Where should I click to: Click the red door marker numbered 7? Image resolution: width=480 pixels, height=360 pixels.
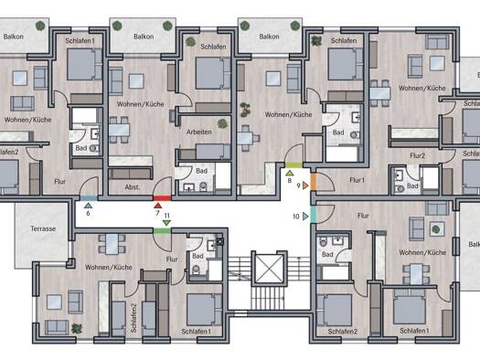(162, 198)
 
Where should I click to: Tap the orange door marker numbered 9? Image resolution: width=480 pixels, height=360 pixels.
(314, 182)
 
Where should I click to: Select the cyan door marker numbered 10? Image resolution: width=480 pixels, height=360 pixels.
(314, 215)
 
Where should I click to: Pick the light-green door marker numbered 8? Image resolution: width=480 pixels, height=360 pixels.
(293, 165)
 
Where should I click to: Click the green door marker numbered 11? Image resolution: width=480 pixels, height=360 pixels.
(162, 230)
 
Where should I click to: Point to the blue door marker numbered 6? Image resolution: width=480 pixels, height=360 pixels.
(89, 198)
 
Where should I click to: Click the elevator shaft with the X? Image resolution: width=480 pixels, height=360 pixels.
(269, 269)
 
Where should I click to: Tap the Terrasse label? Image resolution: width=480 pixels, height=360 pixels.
(43, 228)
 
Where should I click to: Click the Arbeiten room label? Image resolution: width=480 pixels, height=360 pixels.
(199, 132)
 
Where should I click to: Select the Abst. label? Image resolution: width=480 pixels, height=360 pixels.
(133, 187)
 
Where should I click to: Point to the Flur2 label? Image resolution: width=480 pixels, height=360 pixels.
(418, 155)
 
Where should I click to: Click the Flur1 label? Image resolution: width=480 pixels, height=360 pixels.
(357, 180)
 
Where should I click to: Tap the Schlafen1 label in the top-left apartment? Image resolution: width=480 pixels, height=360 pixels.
(80, 41)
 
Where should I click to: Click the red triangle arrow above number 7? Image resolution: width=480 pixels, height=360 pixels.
(157, 206)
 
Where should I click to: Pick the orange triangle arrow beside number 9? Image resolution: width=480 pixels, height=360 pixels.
(305, 185)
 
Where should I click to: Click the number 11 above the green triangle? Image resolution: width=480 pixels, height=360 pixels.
(166, 216)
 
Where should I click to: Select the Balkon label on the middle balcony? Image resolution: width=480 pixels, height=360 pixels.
(144, 37)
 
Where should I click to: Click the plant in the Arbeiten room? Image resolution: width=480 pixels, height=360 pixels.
(222, 123)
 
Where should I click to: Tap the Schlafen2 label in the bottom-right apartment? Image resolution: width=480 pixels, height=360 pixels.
(343, 332)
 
